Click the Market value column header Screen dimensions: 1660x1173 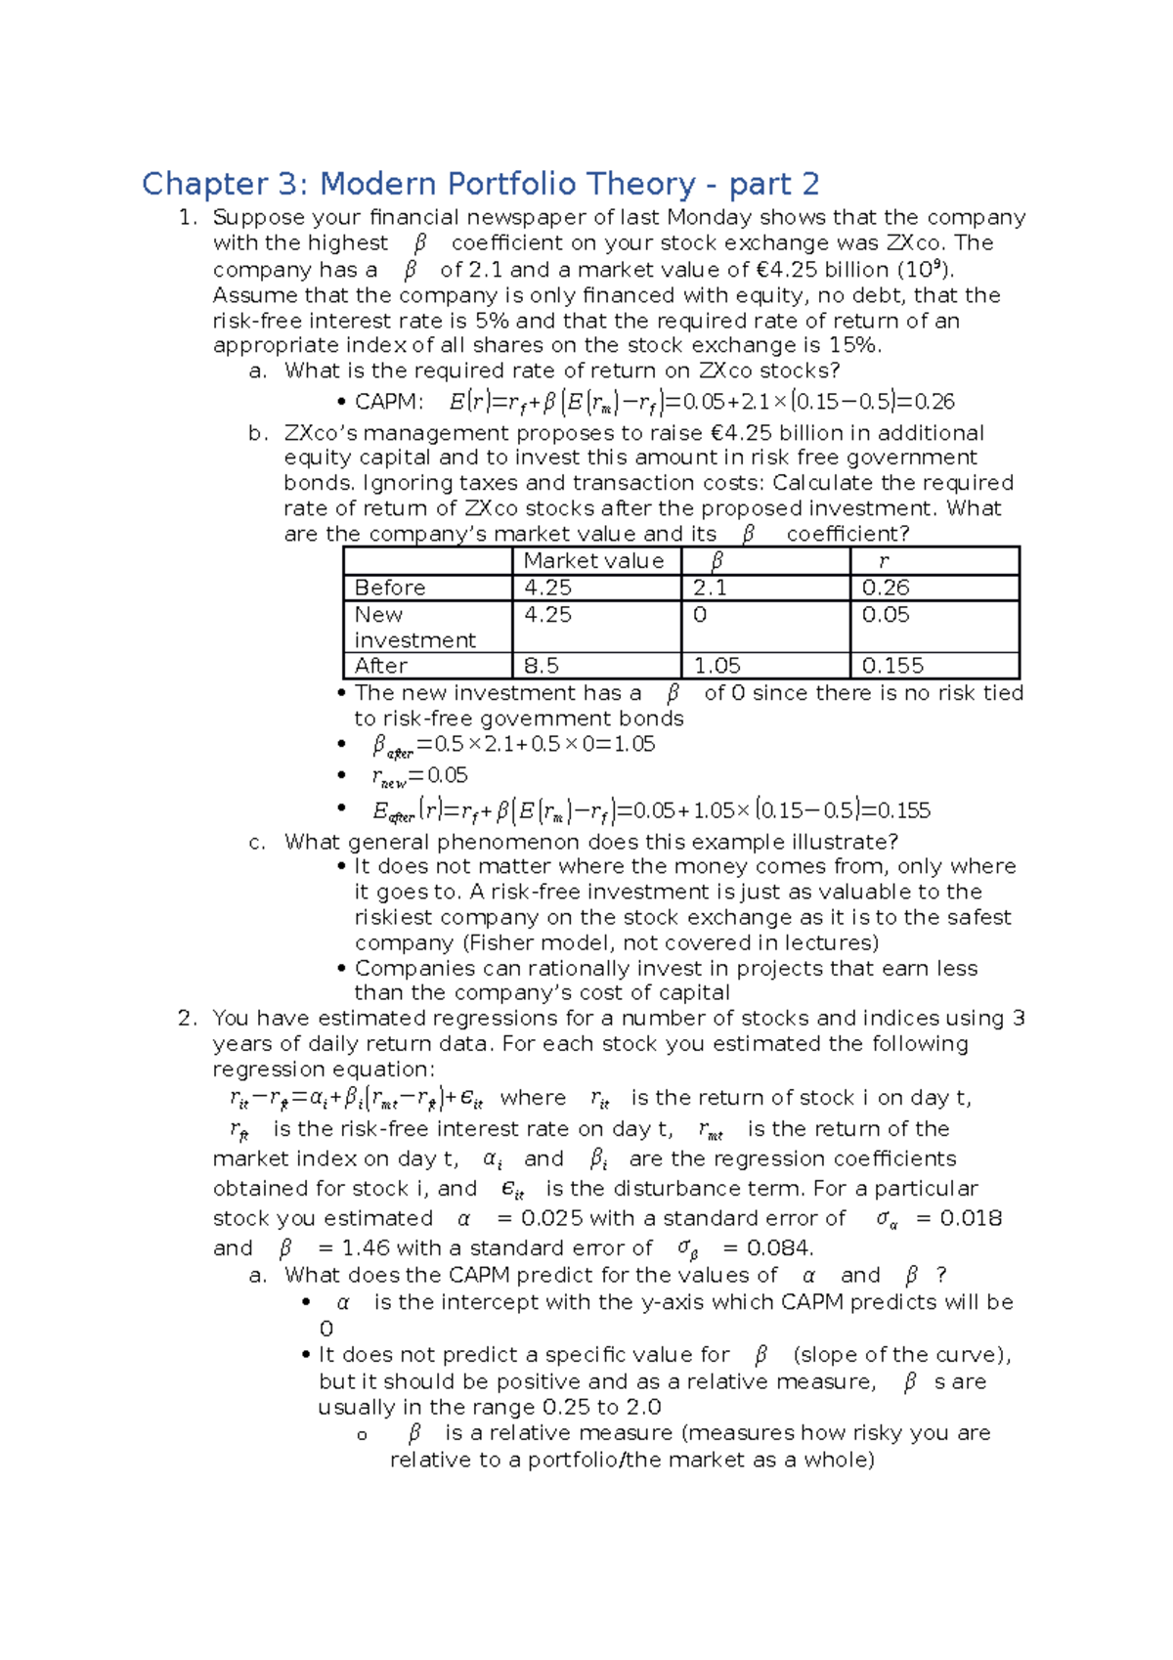coord(593,561)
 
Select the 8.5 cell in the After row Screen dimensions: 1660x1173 coord(542,666)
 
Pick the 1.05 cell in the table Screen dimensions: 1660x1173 coord(717,666)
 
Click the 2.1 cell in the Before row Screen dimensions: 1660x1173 coord(710,588)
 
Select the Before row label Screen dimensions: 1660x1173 coord(390,588)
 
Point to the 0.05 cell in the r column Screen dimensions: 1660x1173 coord(886,615)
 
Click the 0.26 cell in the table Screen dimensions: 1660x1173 coord(886,588)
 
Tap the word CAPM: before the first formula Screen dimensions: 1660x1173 coord(389,402)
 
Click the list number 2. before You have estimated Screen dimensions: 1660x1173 coord(188,1019)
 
